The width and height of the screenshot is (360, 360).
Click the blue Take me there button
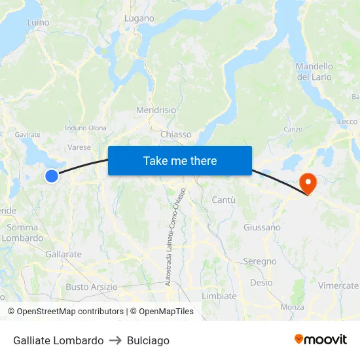[x=180, y=160]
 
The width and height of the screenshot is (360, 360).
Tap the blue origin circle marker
[x=52, y=175]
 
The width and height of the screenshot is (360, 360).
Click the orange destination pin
[x=307, y=183]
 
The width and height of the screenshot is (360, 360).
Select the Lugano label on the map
[x=139, y=18]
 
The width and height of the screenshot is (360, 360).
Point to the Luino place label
[x=38, y=22]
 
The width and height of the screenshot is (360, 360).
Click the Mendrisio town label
[x=156, y=110]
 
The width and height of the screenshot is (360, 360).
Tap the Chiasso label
[x=176, y=134]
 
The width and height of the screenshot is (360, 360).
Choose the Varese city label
[x=79, y=147]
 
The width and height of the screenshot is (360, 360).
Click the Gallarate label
[x=63, y=254]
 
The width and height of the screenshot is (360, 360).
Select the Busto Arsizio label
[x=92, y=287]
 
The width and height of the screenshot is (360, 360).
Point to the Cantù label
[x=224, y=200]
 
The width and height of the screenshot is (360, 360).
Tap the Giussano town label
[x=262, y=228]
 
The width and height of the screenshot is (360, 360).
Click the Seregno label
[x=260, y=261]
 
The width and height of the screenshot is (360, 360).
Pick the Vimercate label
[x=338, y=285]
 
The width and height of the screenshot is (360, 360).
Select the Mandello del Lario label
[x=314, y=71]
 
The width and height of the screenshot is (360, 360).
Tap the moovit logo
[x=321, y=339]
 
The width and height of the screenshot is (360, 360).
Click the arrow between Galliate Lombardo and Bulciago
[x=115, y=340]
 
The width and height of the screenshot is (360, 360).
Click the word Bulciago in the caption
[x=149, y=340]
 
